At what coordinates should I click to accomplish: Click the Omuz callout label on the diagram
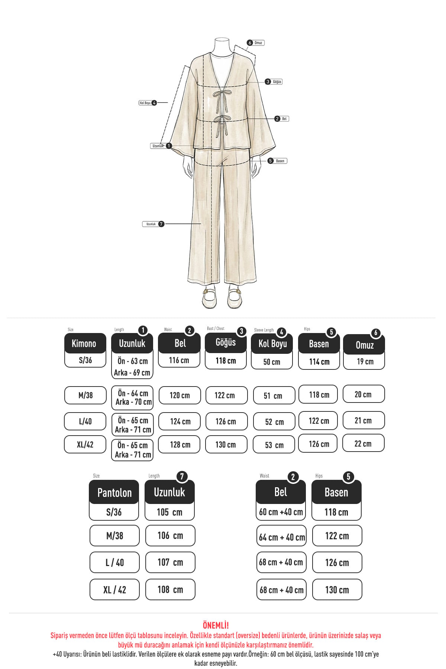[x=256, y=43]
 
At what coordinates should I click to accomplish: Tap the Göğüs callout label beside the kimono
[x=274, y=82]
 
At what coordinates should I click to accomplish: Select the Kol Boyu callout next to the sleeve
[x=148, y=103]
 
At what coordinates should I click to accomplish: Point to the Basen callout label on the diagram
[x=278, y=161]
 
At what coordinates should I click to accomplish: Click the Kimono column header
[x=85, y=343]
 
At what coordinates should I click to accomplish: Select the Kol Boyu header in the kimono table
[x=272, y=344]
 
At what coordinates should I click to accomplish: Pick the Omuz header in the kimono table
[x=364, y=345]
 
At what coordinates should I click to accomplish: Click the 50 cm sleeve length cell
[x=272, y=362]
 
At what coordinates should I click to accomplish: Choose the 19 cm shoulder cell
[x=364, y=362]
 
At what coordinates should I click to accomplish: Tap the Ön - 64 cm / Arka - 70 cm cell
[x=132, y=398]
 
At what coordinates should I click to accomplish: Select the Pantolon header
[x=114, y=492]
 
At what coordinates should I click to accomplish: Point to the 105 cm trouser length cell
[x=169, y=512]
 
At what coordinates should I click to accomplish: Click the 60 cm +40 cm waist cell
[x=281, y=512]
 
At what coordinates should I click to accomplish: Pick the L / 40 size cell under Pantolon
[x=114, y=562]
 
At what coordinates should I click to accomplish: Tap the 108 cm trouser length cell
[x=170, y=589]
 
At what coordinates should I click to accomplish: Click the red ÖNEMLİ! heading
[x=216, y=625]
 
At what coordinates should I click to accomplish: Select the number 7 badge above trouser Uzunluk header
[x=182, y=476]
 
